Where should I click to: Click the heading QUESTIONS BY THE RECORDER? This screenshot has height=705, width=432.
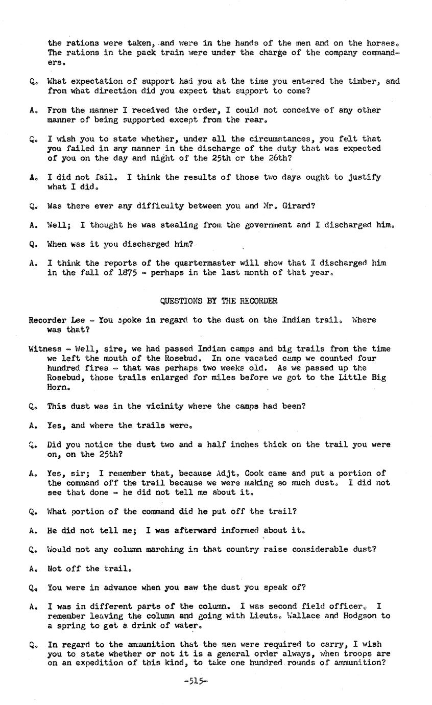point(219,301)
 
